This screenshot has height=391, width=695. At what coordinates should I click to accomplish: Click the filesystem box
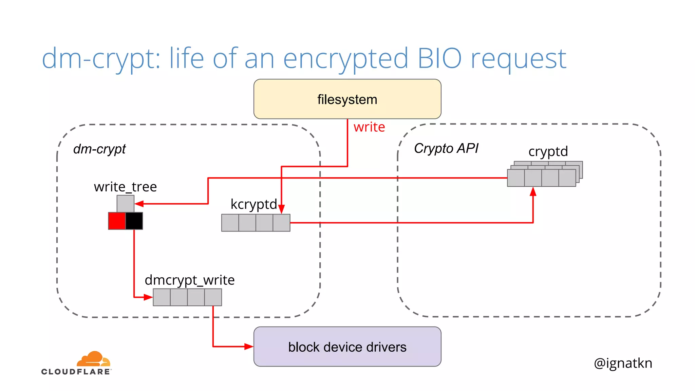347,99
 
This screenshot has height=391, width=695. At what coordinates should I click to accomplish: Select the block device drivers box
347,347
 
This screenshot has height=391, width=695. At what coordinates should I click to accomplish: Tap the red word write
369,127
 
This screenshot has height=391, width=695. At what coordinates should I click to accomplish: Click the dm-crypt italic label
99,149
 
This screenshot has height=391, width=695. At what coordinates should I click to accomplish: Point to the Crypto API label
446,148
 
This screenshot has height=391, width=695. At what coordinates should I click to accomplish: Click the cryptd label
548,151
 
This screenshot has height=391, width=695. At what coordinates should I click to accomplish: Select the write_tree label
125,187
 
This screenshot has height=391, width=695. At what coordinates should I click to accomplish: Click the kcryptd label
253,204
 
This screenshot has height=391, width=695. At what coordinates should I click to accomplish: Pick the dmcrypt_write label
189,280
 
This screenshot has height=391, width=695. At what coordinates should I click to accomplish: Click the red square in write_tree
117,221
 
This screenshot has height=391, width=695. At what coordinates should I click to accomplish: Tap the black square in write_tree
134,221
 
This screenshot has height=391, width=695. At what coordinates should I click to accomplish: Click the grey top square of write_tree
125,204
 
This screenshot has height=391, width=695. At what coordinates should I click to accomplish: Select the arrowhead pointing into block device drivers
249,347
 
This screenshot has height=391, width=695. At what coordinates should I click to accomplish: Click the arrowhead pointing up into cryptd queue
533,192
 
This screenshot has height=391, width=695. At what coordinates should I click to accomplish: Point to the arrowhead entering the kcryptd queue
281,209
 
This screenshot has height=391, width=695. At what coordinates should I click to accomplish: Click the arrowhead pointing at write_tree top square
139,204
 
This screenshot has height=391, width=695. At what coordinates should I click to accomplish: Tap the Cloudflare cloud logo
93,359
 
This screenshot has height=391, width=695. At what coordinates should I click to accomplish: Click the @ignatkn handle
623,363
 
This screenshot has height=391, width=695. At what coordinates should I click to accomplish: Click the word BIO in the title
439,58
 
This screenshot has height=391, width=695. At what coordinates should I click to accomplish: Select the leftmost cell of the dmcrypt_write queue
162,297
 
